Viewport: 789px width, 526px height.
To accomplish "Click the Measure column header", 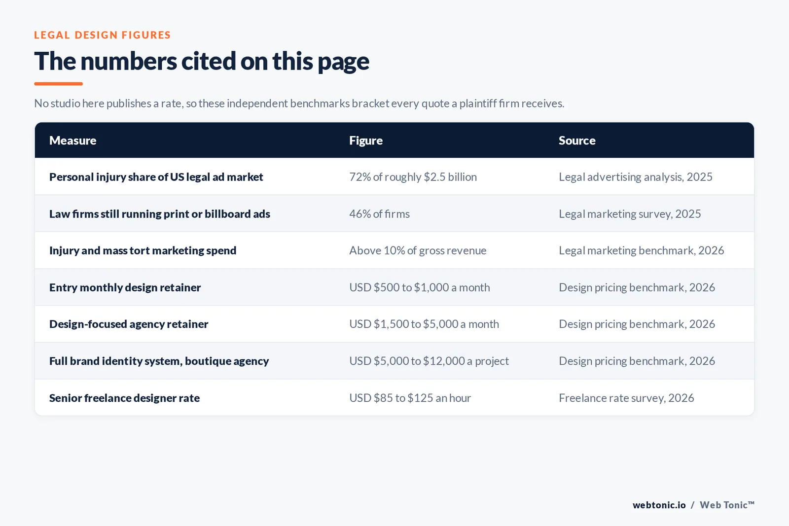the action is click(x=72, y=140).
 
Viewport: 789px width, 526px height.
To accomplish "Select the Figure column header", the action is click(x=365, y=140).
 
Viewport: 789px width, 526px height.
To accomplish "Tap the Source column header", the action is click(x=577, y=140).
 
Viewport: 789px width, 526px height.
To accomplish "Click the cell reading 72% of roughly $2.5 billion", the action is click(x=413, y=177).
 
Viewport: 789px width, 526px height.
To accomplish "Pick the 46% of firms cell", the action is click(x=379, y=214).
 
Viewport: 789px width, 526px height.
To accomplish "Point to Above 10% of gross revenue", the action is click(x=418, y=250).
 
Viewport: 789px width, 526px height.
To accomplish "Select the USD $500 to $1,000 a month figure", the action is click(x=420, y=287).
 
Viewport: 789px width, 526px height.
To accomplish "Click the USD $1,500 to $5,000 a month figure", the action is click(x=424, y=324).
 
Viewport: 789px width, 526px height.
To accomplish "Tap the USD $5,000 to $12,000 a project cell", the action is click(x=429, y=361).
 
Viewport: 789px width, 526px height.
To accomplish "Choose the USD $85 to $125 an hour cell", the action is click(x=410, y=398).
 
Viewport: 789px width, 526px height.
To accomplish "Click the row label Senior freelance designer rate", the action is click(x=124, y=398).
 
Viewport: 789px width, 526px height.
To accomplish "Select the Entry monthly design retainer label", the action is click(x=125, y=287).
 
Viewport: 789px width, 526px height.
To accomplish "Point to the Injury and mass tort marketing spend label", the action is click(x=143, y=250).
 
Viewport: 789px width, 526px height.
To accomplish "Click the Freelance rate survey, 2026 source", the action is click(x=626, y=398).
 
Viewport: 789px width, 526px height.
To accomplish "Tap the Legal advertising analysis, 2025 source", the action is click(x=636, y=177).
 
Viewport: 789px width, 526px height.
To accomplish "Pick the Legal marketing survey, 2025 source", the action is click(x=630, y=214).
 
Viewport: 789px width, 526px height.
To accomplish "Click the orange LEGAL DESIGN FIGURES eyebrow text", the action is click(x=102, y=35).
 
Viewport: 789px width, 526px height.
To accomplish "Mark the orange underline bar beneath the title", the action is click(x=59, y=84).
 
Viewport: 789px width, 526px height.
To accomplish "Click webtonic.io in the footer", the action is click(x=659, y=505).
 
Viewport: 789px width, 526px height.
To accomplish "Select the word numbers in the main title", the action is click(x=129, y=61).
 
